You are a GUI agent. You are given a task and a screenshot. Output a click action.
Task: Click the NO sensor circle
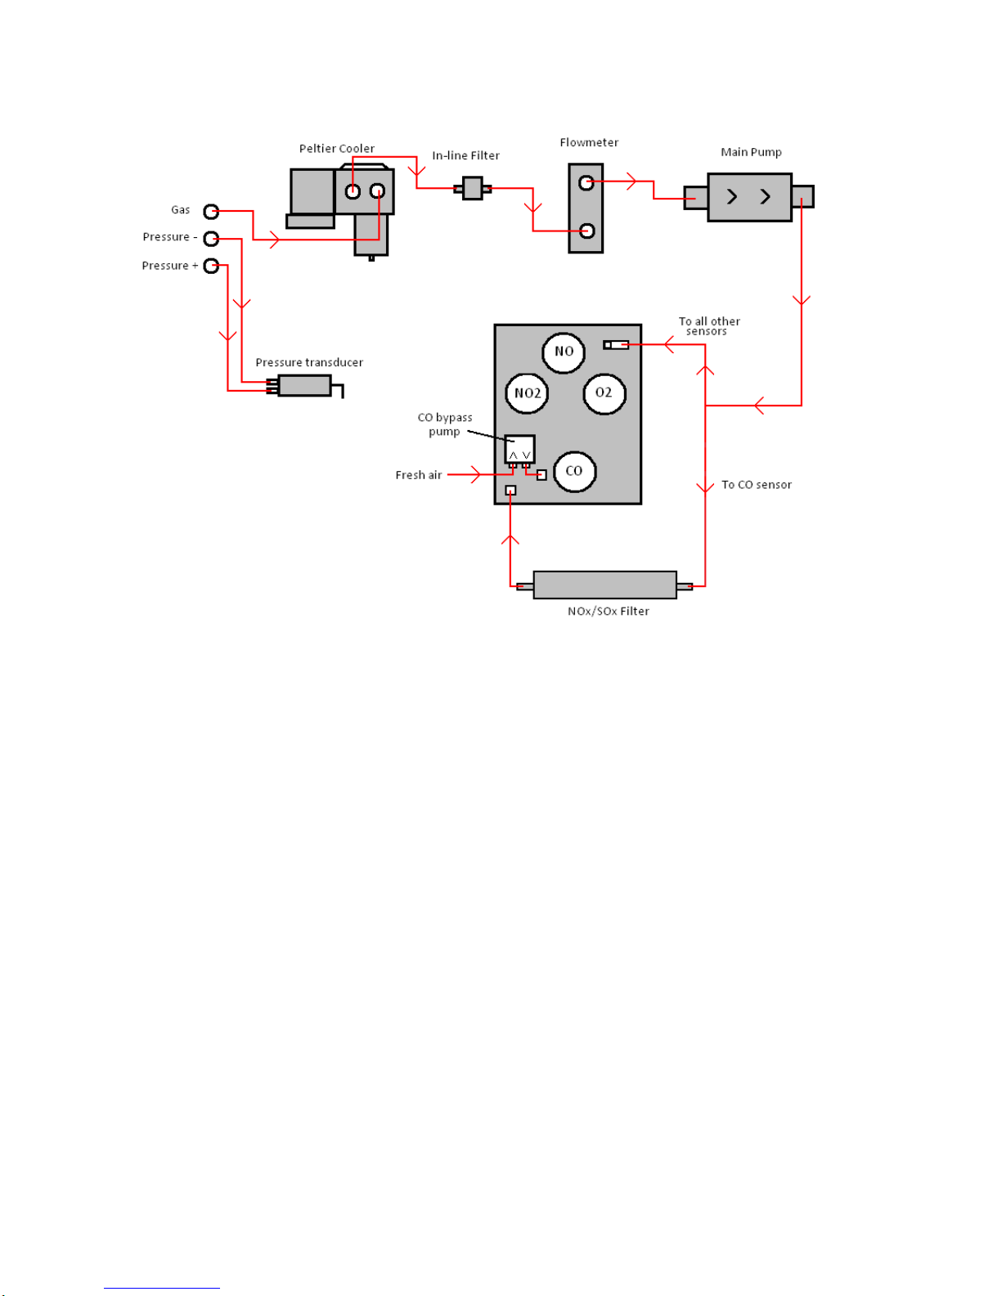coord(564,352)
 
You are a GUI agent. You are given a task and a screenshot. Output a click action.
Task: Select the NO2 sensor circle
coord(528,393)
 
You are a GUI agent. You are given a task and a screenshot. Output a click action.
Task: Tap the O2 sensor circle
coord(604,393)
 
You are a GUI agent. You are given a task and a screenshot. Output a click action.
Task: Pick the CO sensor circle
coord(574,471)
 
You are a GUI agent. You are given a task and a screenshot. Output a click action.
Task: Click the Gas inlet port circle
coord(211,212)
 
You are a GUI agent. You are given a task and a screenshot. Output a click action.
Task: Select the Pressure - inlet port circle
coord(211,239)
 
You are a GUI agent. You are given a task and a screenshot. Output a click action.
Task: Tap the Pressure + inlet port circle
coord(211,266)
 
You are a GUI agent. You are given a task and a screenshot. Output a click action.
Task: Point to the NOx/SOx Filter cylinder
coord(604,585)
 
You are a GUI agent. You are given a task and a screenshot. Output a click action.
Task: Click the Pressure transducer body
coord(304,385)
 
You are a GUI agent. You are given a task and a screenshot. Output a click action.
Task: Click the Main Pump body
coord(749,197)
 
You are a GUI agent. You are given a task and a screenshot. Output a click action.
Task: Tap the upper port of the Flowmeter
coord(586,182)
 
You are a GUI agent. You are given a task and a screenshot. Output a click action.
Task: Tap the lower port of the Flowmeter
coord(586,231)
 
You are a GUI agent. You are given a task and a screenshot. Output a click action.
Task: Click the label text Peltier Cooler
coord(336,149)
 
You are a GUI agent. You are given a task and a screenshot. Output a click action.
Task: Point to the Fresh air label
coord(418,475)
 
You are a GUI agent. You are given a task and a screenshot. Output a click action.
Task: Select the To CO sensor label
coord(756,485)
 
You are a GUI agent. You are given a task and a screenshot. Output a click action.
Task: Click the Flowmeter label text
coord(589,142)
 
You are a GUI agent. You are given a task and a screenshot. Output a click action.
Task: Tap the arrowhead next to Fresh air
coord(475,474)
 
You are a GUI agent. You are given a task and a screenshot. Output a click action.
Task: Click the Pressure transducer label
coord(309,362)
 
